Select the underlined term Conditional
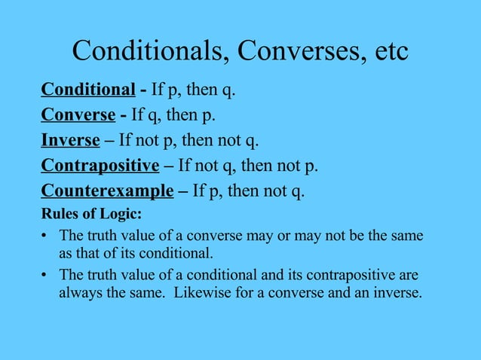(87, 91)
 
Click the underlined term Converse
(78, 116)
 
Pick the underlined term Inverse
(70, 141)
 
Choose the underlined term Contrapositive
(100, 166)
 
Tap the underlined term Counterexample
(107, 191)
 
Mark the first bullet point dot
(44, 236)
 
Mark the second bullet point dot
(44, 276)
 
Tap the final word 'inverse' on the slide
(399, 292)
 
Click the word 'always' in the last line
(78, 292)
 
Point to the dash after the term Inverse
(109, 141)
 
